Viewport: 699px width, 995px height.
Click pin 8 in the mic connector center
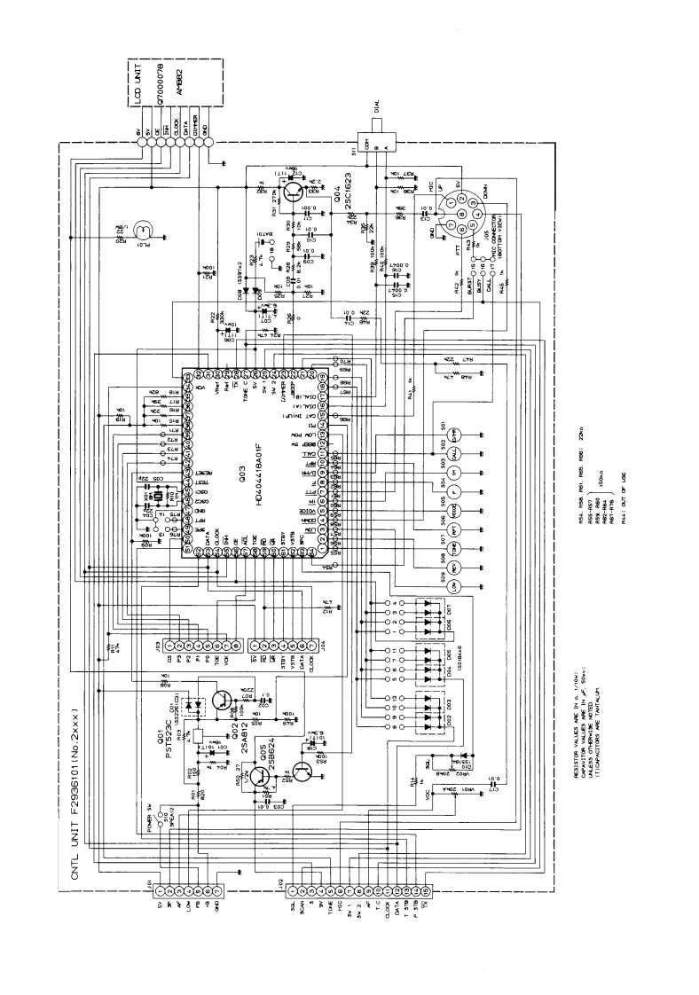(x=456, y=216)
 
